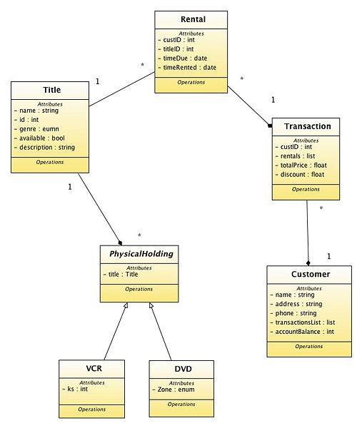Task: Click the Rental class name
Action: pyautogui.click(x=193, y=19)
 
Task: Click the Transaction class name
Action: pyautogui.click(x=307, y=126)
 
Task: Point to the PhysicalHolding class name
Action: pyautogui.click(x=141, y=254)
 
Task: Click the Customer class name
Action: pyautogui.click(x=311, y=274)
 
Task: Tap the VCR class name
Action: pyautogui.click(x=94, y=369)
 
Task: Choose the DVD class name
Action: pyautogui.click(x=183, y=369)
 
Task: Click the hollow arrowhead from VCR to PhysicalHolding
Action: pyautogui.click(x=126, y=305)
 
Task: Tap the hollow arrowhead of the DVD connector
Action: pyautogui.click(x=151, y=305)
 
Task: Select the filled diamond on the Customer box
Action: pyautogui.click(x=308, y=263)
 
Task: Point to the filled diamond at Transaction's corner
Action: pyautogui.click(x=270, y=126)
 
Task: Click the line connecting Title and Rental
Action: pyautogui.click(x=122, y=89)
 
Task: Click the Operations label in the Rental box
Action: pyautogui.click(x=191, y=82)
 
